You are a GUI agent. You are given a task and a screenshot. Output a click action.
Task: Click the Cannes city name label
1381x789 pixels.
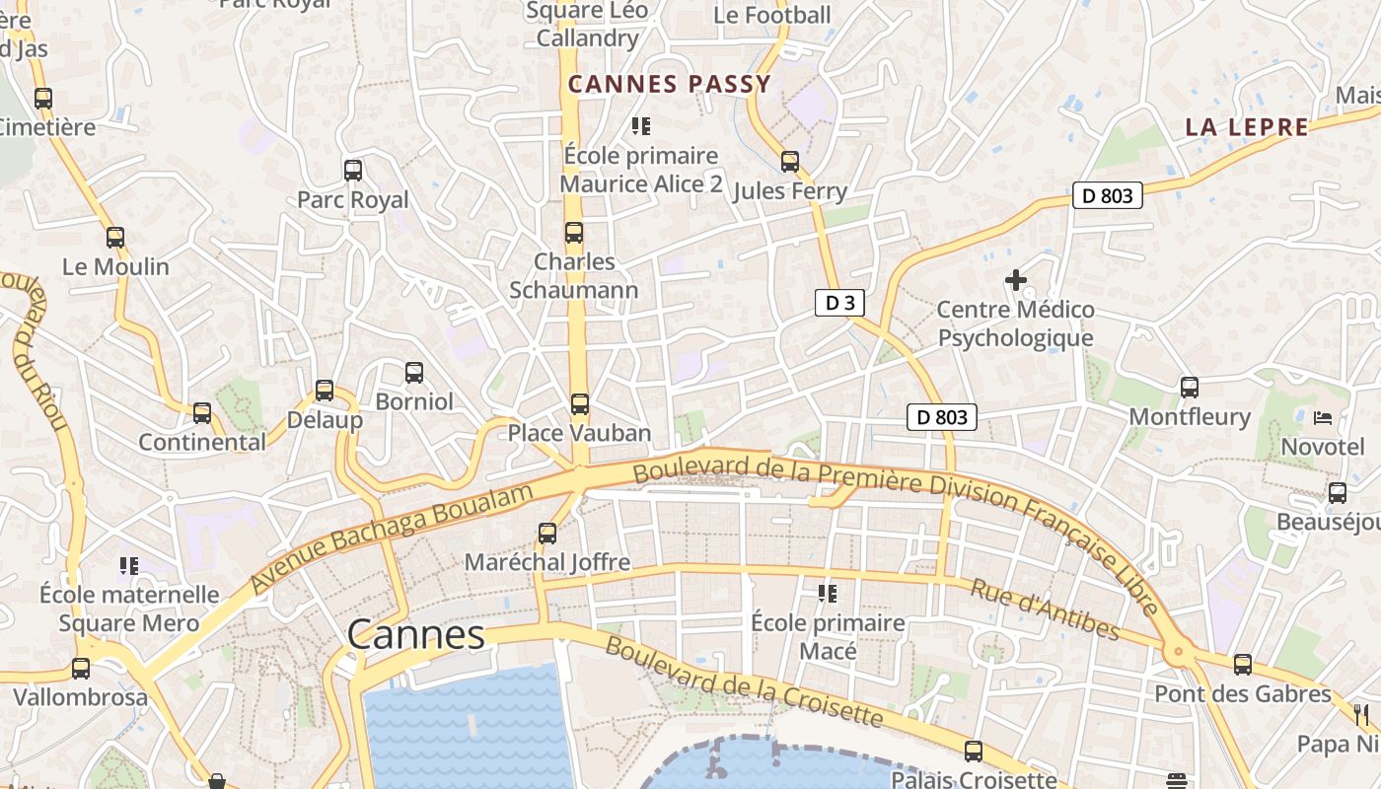pyautogui.click(x=416, y=634)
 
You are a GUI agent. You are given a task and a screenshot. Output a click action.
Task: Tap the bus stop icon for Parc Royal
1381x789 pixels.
pyautogui.click(x=353, y=170)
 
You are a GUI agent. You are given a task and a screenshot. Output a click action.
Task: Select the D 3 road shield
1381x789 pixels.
pyautogui.click(x=839, y=303)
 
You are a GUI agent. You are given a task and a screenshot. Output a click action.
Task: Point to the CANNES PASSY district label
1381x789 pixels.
pyautogui.click(x=669, y=84)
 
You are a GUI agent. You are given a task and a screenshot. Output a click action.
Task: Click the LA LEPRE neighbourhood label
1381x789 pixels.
pyautogui.click(x=1247, y=127)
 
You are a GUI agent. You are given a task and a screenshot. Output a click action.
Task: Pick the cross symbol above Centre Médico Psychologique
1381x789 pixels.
pyautogui.click(x=1015, y=280)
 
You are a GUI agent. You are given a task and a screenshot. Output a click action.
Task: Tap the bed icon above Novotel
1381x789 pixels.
pyautogui.click(x=1323, y=418)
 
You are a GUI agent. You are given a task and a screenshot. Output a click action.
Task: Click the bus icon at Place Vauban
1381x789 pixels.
pyautogui.click(x=580, y=404)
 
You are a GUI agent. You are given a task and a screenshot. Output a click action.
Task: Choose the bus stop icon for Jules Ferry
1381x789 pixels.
pyautogui.click(x=790, y=162)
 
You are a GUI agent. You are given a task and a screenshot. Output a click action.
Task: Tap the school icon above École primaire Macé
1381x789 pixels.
pyautogui.click(x=828, y=593)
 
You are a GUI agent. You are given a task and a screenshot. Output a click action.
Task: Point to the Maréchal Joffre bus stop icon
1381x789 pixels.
pyautogui.click(x=547, y=534)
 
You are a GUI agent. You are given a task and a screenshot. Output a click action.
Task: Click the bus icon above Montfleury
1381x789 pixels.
pyautogui.click(x=1190, y=388)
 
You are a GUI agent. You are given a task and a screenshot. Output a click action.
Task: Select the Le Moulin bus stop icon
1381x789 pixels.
pyautogui.click(x=115, y=238)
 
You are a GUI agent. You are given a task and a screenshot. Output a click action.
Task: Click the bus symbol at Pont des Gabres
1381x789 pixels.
pyautogui.click(x=1243, y=665)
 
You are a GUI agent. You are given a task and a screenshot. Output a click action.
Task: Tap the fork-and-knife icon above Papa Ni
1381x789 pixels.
pyautogui.click(x=1361, y=714)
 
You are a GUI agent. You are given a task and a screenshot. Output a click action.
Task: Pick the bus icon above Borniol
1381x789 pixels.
pyautogui.click(x=414, y=373)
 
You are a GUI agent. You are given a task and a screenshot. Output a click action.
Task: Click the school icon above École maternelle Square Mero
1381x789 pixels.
pyautogui.click(x=129, y=565)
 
